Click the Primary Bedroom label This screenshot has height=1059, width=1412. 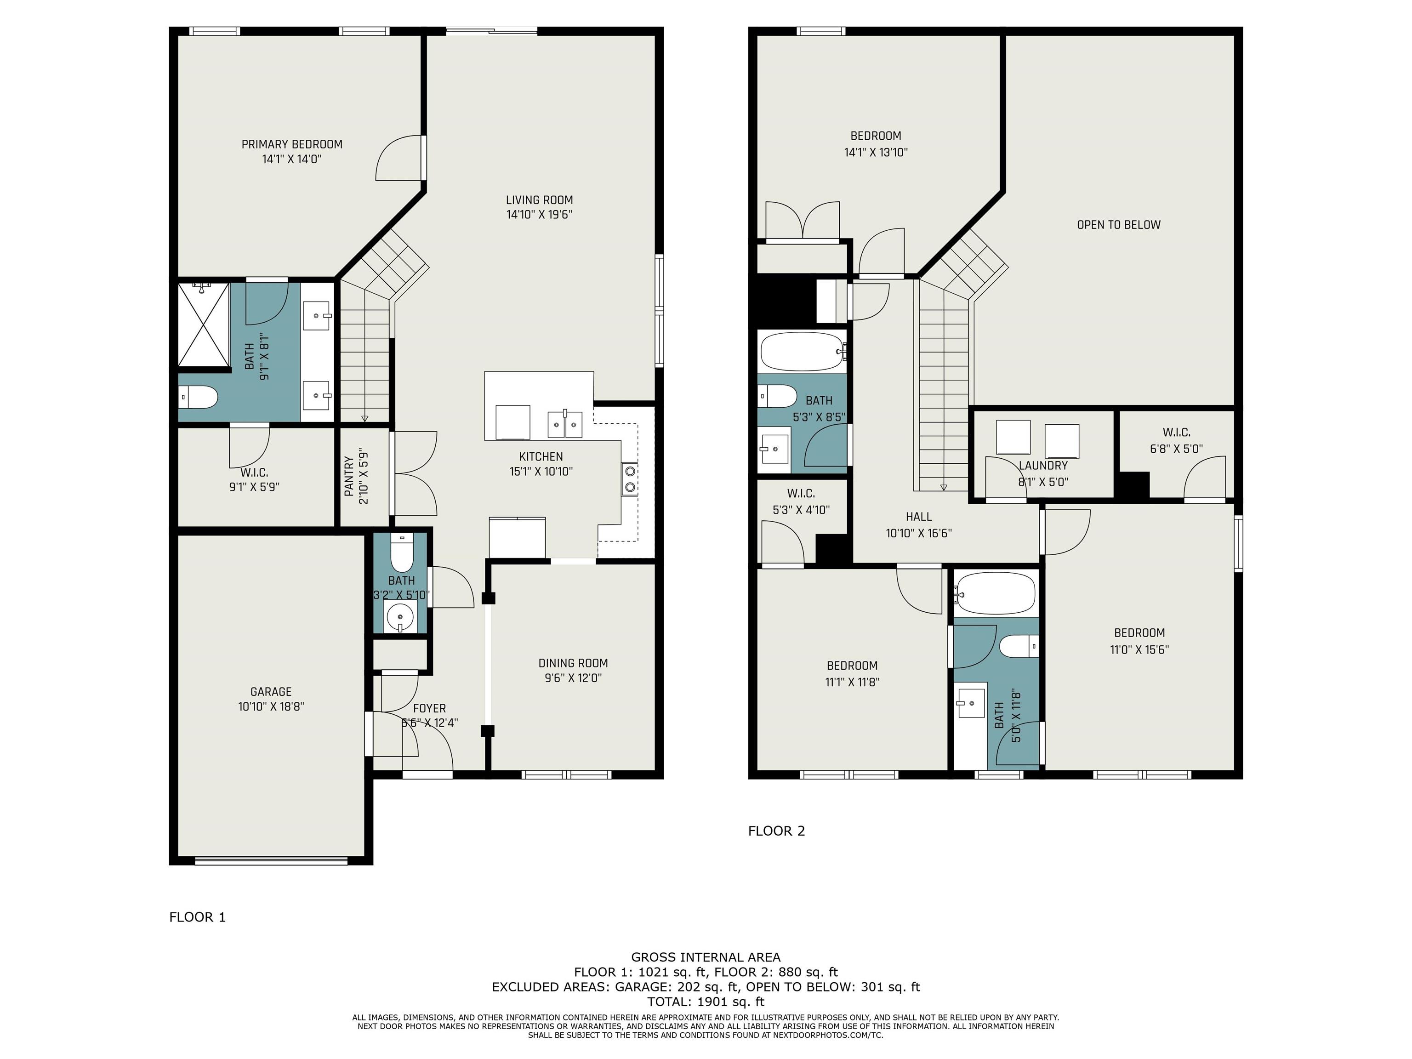(292, 144)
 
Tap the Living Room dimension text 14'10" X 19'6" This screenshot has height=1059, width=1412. (540, 215)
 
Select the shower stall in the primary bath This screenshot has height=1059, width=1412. (203, 325)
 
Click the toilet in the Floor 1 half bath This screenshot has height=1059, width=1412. (402, 554)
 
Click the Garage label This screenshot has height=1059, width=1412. (271, 691)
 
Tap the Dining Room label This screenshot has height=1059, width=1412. (573, 663)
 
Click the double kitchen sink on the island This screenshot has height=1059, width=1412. (565, 425)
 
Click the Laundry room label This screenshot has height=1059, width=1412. (1043, 465)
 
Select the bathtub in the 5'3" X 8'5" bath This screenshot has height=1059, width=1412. (803, 351)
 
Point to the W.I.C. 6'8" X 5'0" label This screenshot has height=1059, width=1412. (1177, 440)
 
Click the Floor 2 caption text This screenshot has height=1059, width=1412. (776, 831)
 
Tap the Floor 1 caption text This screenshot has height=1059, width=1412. (197, 917)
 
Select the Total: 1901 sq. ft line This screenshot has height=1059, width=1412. (706, 1002)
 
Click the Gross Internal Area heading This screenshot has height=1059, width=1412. (706, 957)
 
